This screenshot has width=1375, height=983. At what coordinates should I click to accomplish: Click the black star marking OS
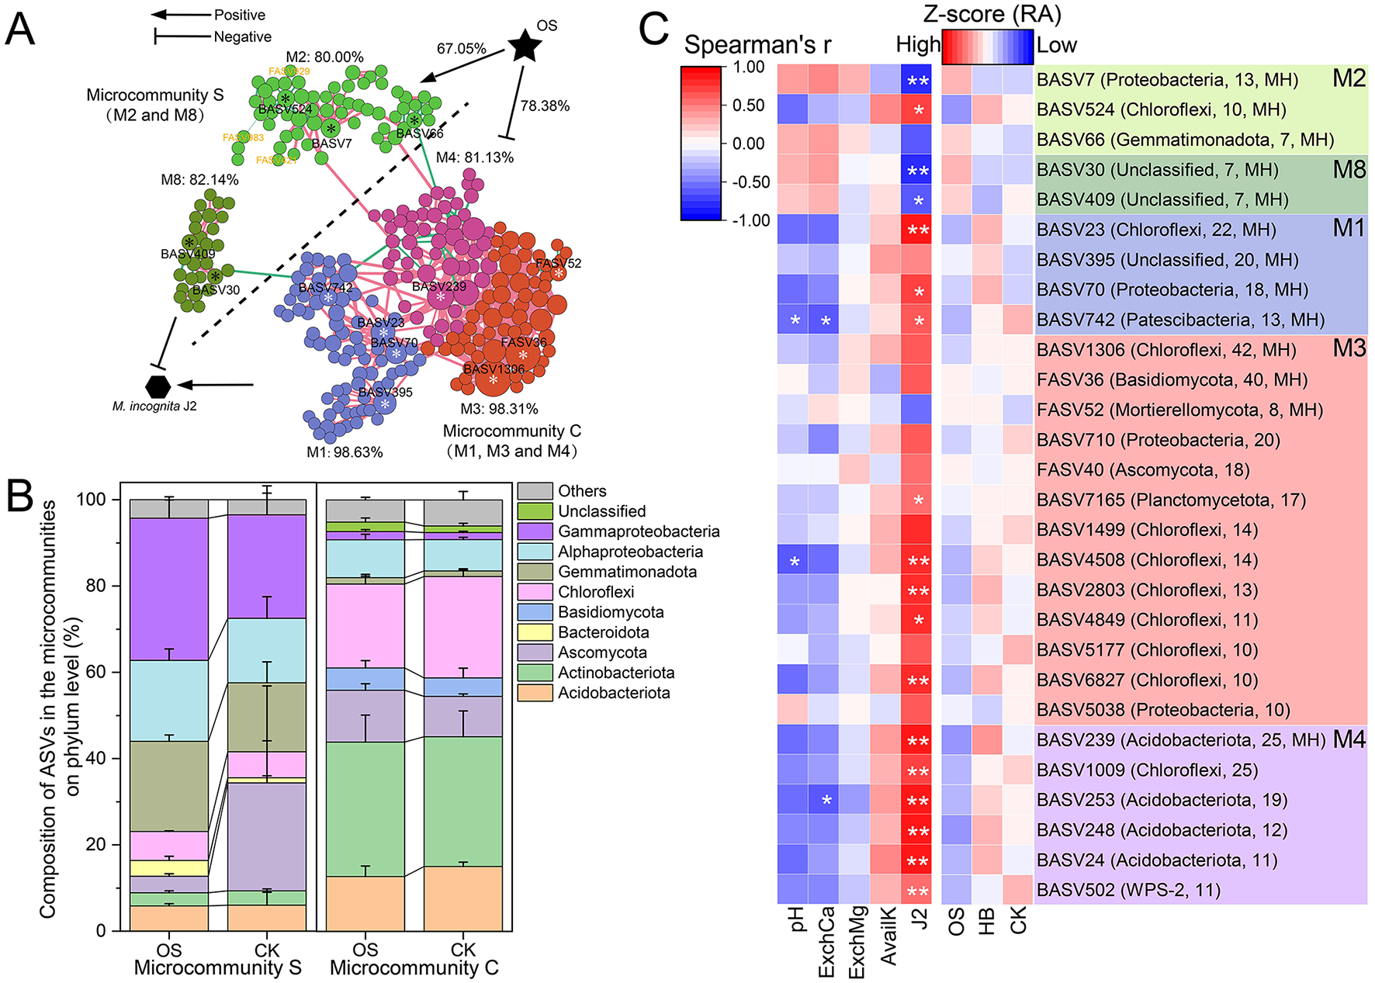525,47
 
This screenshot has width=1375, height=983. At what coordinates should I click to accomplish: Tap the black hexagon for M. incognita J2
158,386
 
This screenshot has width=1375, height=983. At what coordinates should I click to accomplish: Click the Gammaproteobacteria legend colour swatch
535,531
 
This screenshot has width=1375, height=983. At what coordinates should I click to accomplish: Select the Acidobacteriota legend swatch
535,693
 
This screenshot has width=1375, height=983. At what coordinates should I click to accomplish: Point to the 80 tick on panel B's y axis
95,586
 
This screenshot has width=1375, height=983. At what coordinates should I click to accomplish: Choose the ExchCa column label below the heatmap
826,941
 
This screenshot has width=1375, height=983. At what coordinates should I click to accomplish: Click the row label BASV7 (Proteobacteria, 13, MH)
1167,80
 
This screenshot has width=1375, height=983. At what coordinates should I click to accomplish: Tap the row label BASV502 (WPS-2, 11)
1128,890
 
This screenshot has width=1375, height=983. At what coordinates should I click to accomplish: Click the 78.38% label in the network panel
545,106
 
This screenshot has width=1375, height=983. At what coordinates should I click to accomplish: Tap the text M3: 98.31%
499,409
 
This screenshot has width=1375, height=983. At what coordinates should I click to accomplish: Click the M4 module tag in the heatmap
1349,739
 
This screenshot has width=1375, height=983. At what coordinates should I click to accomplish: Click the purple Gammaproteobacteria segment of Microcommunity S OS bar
169,589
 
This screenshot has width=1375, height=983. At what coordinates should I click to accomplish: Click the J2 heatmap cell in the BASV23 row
918,230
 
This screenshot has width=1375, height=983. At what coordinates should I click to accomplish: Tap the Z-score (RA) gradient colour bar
987,47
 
